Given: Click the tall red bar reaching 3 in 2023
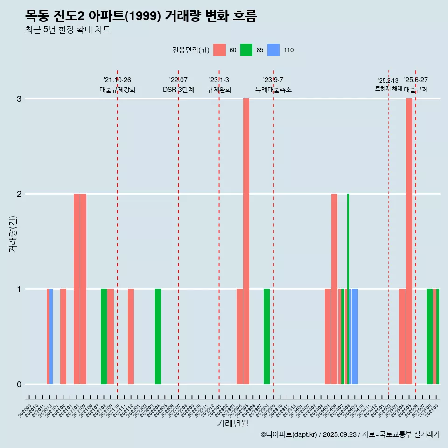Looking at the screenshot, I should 246,241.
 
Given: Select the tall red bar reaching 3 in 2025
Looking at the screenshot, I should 409,241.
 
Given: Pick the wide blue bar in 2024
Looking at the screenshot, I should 355,336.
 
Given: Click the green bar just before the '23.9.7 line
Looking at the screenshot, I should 266,336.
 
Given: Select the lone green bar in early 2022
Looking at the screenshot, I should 158,336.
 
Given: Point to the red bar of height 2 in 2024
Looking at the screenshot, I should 334,289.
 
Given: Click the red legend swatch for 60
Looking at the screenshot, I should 219,50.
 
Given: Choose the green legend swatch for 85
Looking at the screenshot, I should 246,50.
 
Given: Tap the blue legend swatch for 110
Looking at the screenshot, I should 273,50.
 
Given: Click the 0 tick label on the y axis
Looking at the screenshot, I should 19,385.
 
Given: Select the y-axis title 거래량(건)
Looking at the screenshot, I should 13,233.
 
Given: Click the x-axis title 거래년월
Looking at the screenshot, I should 232,424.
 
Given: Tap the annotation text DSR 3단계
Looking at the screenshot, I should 178,90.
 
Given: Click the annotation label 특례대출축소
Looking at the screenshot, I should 273,90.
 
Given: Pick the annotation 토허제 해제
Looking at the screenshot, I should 388,88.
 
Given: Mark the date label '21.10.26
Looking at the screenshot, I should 117,80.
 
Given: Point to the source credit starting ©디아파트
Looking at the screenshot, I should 350,434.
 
